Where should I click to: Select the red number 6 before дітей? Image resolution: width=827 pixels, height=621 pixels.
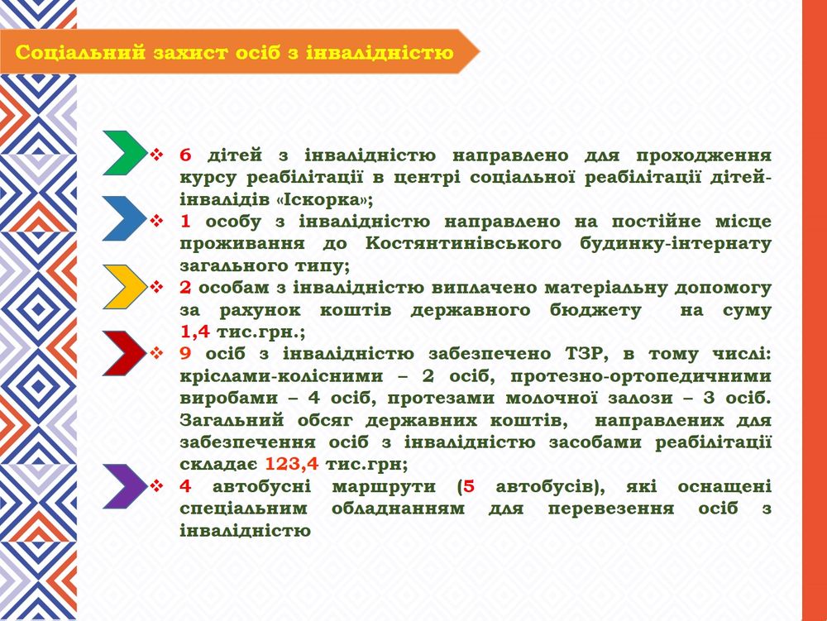[185, 155]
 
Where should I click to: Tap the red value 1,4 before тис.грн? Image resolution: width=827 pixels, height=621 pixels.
[194, 332]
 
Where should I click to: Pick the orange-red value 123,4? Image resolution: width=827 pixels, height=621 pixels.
[291, 464]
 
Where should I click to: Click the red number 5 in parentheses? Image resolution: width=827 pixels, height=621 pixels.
[469, 486]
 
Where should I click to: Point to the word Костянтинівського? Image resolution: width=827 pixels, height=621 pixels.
[464, 244]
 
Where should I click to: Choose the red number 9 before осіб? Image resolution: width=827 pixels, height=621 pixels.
[185, 354]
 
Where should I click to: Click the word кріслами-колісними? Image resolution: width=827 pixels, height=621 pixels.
[281, 376]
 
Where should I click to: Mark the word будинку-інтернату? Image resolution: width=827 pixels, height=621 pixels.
[675, 244]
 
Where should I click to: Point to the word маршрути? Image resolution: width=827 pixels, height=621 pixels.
[384, 486]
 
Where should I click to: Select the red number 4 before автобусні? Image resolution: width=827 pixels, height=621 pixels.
[185, 486]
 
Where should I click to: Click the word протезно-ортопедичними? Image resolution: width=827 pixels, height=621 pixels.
[640, 376]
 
